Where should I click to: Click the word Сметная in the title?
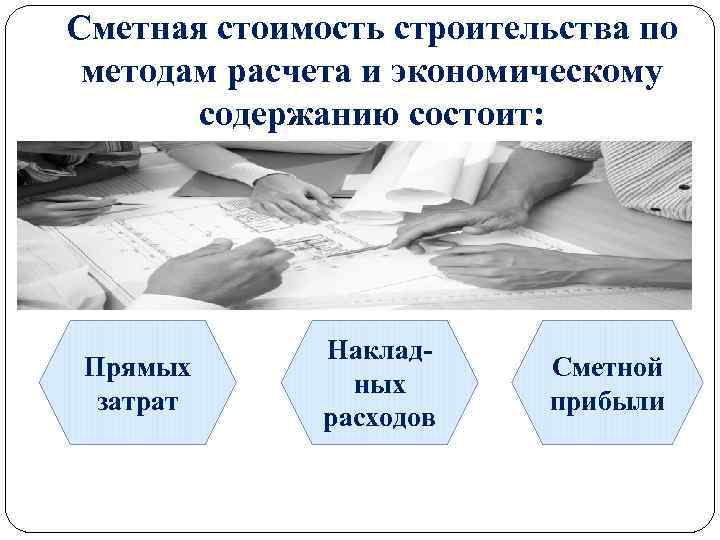(133, 29)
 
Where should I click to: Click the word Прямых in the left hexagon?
(137, 368)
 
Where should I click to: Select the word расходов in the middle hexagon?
(379, 417)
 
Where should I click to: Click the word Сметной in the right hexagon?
(607, 368)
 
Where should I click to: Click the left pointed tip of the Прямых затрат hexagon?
(41, 382)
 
